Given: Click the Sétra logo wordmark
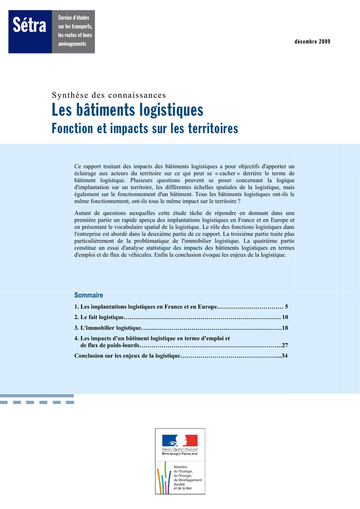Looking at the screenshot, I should [x=30, y=26].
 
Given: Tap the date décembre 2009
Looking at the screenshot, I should [x=312, y=41].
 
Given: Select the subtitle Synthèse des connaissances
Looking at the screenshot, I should [x=109, y=95].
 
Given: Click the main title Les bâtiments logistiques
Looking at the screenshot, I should [x=128, y=110].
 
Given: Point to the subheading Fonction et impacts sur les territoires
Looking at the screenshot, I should [x=145, y=129].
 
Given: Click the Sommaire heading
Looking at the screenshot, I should [x=89, y=295].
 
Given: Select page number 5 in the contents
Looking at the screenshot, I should [x=286, y=307].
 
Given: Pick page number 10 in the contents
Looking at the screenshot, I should [x=285, y=317].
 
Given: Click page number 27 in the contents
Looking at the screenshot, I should [x=285, y=345].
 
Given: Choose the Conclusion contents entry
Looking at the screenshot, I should [x=127, y=356].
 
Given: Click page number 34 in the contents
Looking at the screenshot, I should [x=285, y=356].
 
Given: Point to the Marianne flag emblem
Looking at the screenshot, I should [x=180, y=440].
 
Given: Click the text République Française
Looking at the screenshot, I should [x=180, y=453].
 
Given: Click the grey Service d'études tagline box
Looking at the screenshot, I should [x=74, y=31].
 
